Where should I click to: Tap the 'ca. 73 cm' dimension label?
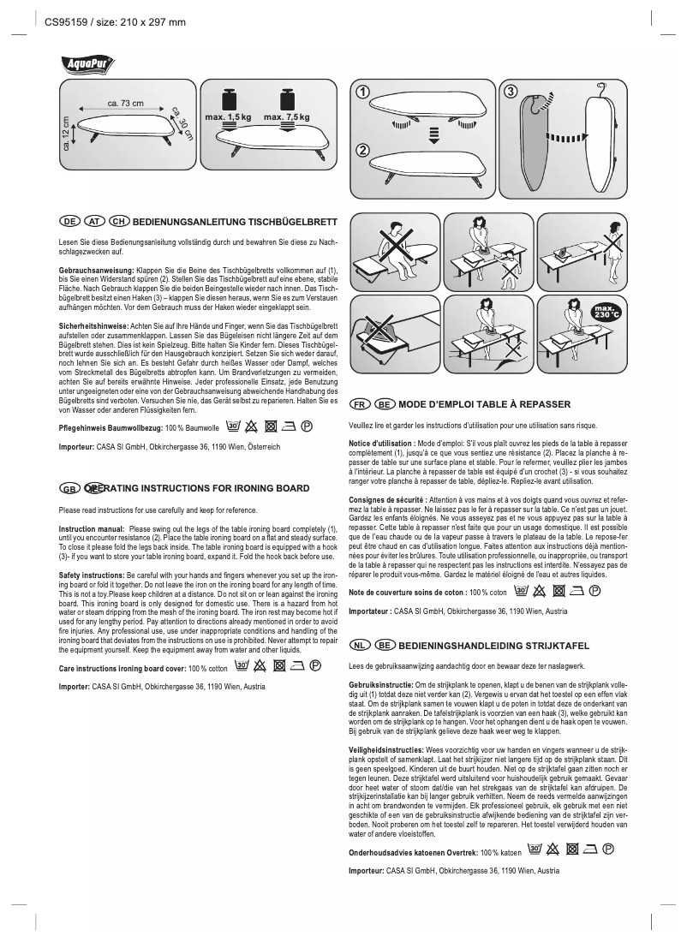(x=125, y=104)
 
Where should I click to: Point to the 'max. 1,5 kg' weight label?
(x=228, y=116)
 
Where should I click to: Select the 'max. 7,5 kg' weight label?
(x=286, y=116)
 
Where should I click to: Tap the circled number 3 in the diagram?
(x=511, y=92)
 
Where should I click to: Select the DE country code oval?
(x=69, y=221)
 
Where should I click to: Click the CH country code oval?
(x=118, y=221)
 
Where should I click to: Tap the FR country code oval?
(x=361, y=403)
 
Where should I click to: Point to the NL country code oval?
(x=361, y=643)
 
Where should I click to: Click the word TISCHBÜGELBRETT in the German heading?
(x=282, y=221)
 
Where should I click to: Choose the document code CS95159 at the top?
(x=67, y=22)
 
